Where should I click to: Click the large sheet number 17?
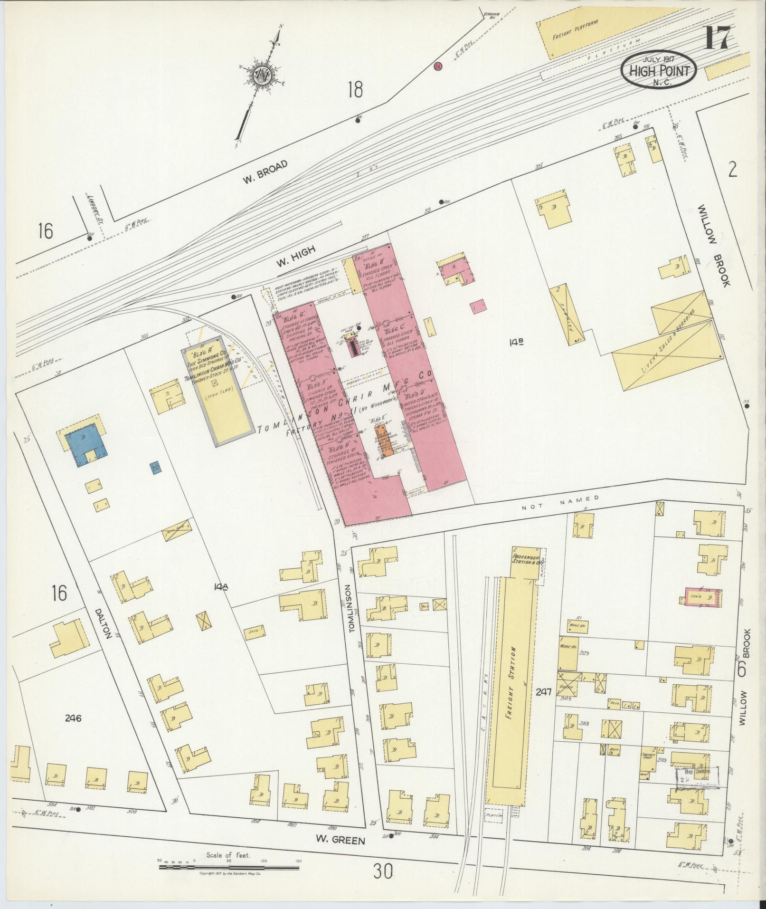click(716, 38)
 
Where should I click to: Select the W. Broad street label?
click(265, 172)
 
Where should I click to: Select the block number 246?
click(73, 718)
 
